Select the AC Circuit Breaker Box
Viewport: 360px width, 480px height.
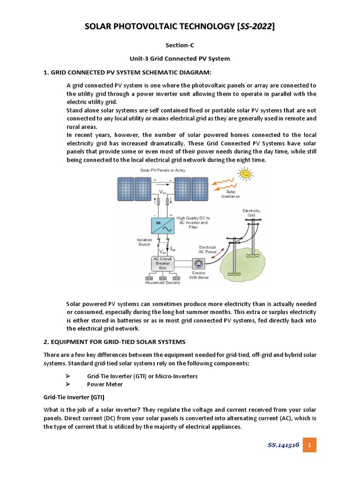[163, 263]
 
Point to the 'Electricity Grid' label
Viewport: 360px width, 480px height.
[251, 213]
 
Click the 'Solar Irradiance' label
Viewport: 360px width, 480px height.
[231, 194]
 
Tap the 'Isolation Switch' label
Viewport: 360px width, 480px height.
[144, 242]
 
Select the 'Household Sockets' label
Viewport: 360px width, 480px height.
[162, 283]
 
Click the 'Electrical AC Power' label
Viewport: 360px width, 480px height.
[207, 249]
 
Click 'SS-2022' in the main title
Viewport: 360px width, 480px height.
[256, 27]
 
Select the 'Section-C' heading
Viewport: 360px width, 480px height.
[180, 45]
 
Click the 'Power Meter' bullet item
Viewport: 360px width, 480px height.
[105, 384]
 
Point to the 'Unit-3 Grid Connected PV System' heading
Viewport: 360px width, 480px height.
[180, 59]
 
